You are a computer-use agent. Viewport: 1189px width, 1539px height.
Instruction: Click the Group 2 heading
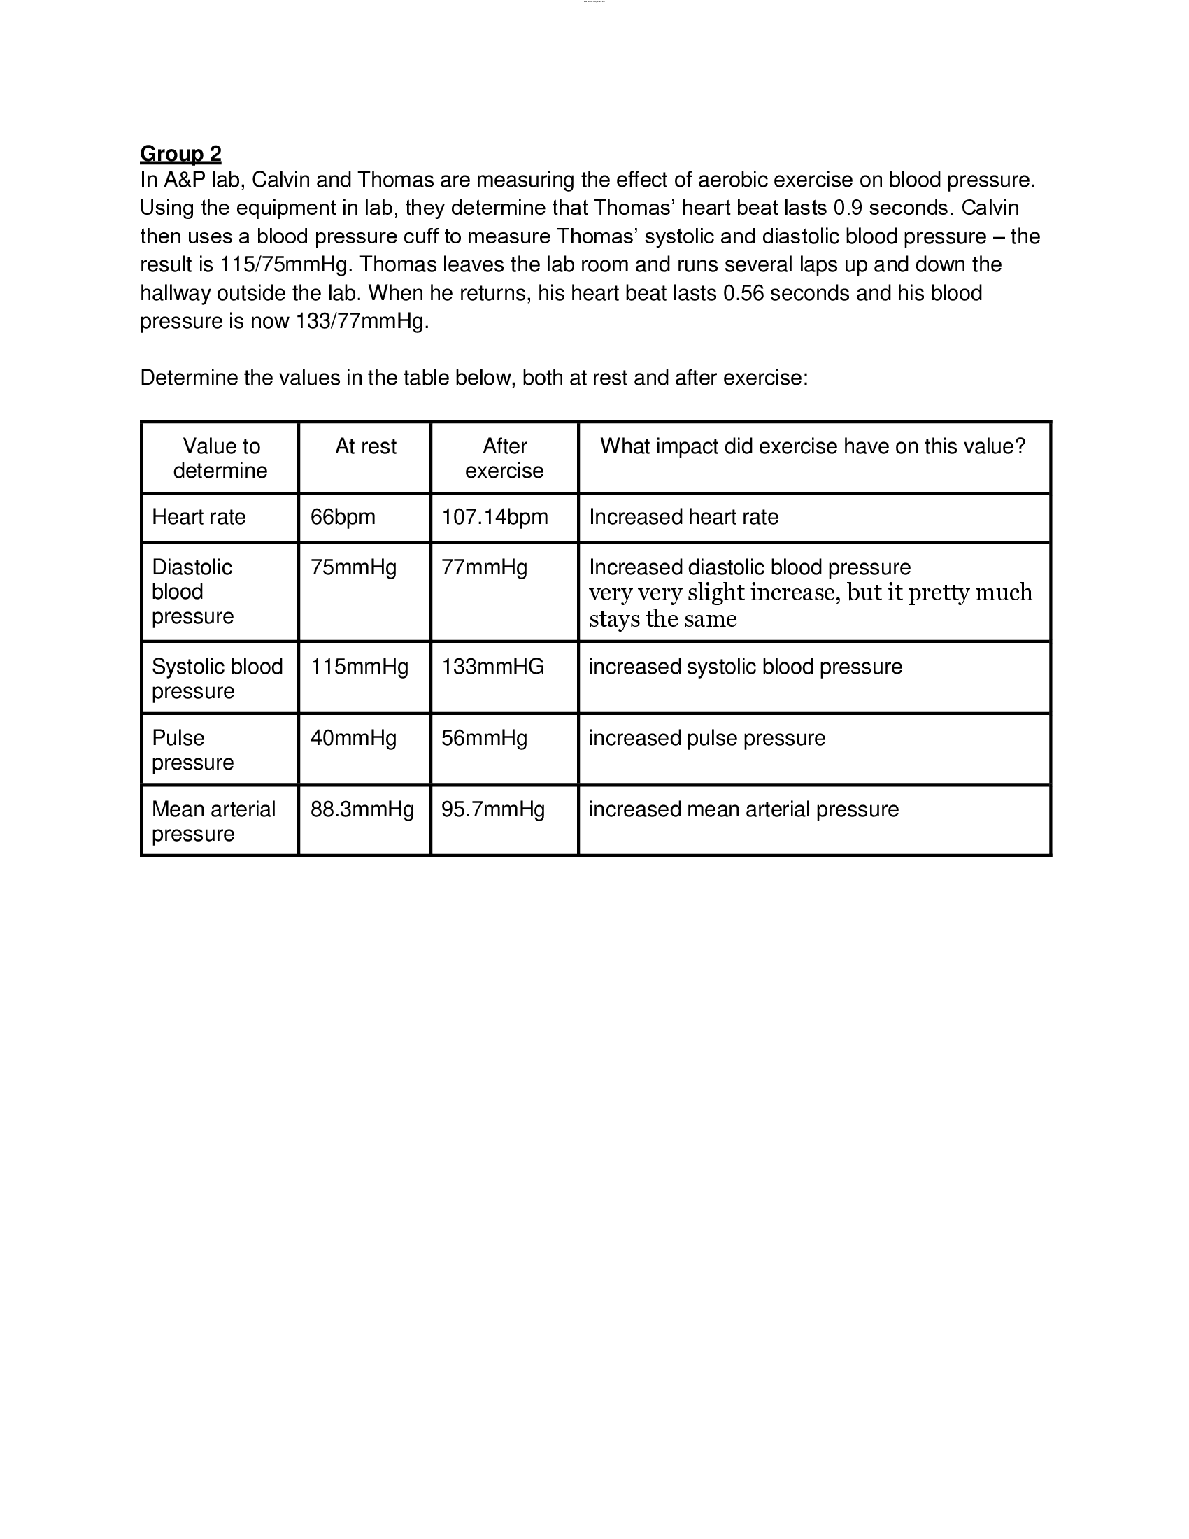pos(180,154)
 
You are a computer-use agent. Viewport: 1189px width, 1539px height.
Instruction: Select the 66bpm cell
pos(342,516)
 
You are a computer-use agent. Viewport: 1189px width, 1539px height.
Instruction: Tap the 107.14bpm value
pos(494,516)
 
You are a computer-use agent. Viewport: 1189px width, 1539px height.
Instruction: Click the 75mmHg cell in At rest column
pos(353,567)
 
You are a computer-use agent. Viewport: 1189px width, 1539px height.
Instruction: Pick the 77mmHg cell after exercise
pos(484,567)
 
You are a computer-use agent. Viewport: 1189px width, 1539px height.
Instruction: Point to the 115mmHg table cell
pos(359,667)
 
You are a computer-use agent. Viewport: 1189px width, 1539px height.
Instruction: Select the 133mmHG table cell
pos(492,667)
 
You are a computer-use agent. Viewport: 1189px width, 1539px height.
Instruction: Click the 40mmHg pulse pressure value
pos(353,738)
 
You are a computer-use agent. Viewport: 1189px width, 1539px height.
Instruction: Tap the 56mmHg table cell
pos(484,738)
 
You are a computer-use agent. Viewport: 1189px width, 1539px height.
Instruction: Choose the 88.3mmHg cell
pos(362,809)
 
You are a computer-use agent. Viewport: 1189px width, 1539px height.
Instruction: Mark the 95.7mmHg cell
pos(493,809)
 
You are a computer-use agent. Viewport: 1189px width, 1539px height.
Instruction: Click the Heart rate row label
pos(199,516)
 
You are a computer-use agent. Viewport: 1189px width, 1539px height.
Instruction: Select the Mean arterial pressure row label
pos(213,821)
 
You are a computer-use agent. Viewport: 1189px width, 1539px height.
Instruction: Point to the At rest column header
pos(366,446)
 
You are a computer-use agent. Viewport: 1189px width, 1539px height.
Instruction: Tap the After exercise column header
pos(504,458)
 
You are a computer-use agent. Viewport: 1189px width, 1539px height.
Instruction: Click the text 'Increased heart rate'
pos(683,516)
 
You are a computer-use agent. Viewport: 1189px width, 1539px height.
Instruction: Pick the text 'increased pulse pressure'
pos(706,738)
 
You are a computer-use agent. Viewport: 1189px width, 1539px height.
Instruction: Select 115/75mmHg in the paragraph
pos(284,265)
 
